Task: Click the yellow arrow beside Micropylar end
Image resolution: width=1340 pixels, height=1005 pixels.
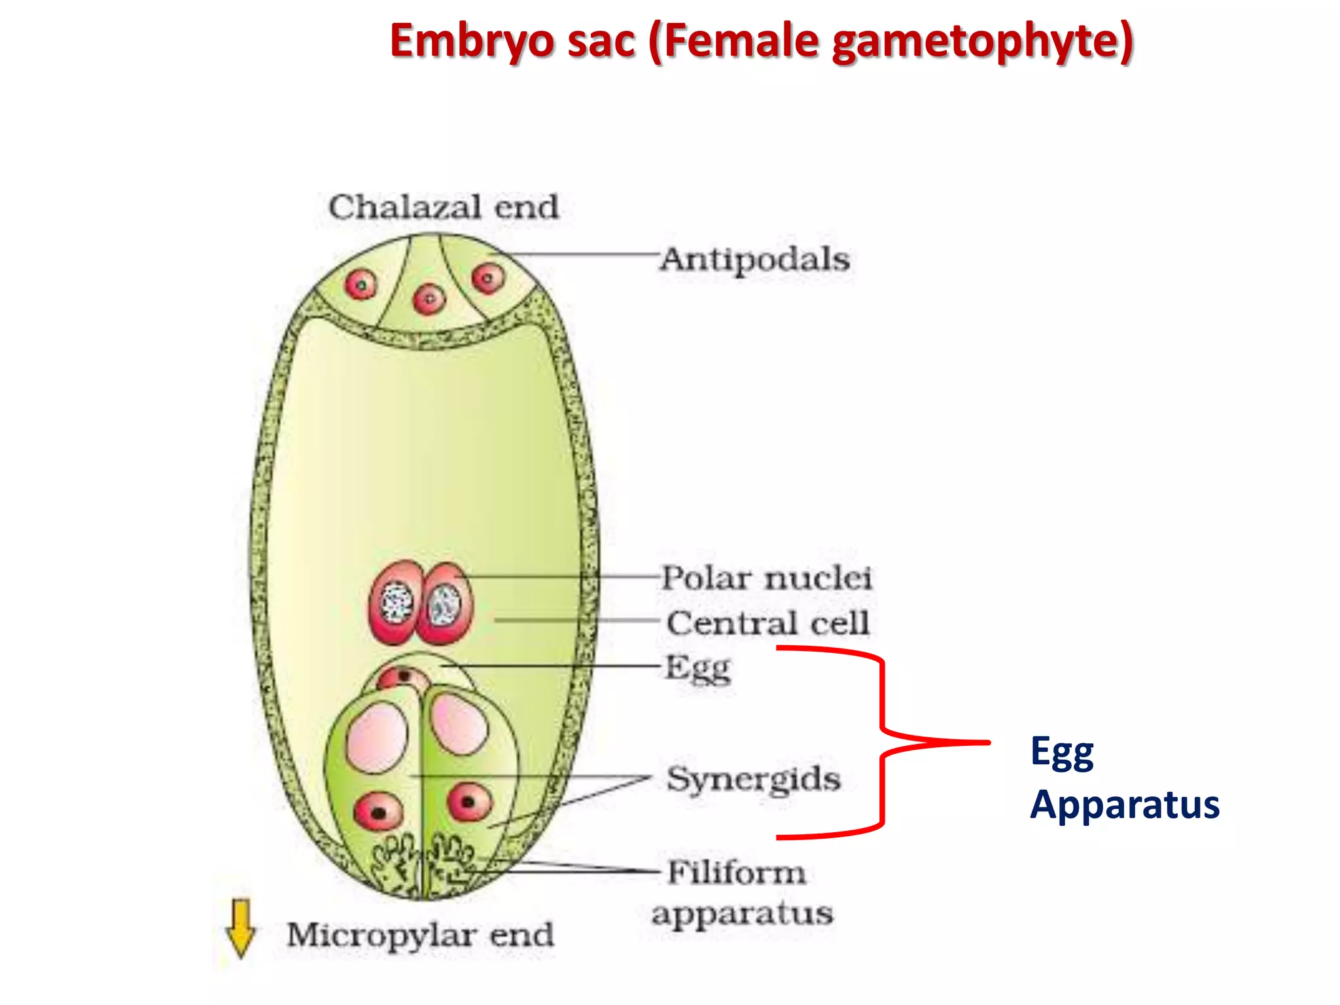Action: point(241,928)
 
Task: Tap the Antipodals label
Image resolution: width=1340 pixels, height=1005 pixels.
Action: point(755,260)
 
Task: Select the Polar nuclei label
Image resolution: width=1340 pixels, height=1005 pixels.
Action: point(767,578)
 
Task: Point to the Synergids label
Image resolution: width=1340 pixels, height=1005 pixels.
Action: point(754,779)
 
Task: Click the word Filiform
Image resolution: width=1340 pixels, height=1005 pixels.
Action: point(737,873)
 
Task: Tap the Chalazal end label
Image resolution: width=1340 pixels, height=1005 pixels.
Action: point(444,207)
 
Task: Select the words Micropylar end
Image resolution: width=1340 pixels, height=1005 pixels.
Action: point(420,934)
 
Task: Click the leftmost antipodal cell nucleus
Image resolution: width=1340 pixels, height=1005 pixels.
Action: point(361,285)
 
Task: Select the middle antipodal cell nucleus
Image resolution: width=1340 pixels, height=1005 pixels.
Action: point(429,300)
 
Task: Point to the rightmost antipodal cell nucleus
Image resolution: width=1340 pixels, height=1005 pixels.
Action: point(488,278)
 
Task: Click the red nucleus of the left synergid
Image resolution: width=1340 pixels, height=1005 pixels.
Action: point(378,811)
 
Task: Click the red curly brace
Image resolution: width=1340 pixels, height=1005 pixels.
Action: point(882,742)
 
